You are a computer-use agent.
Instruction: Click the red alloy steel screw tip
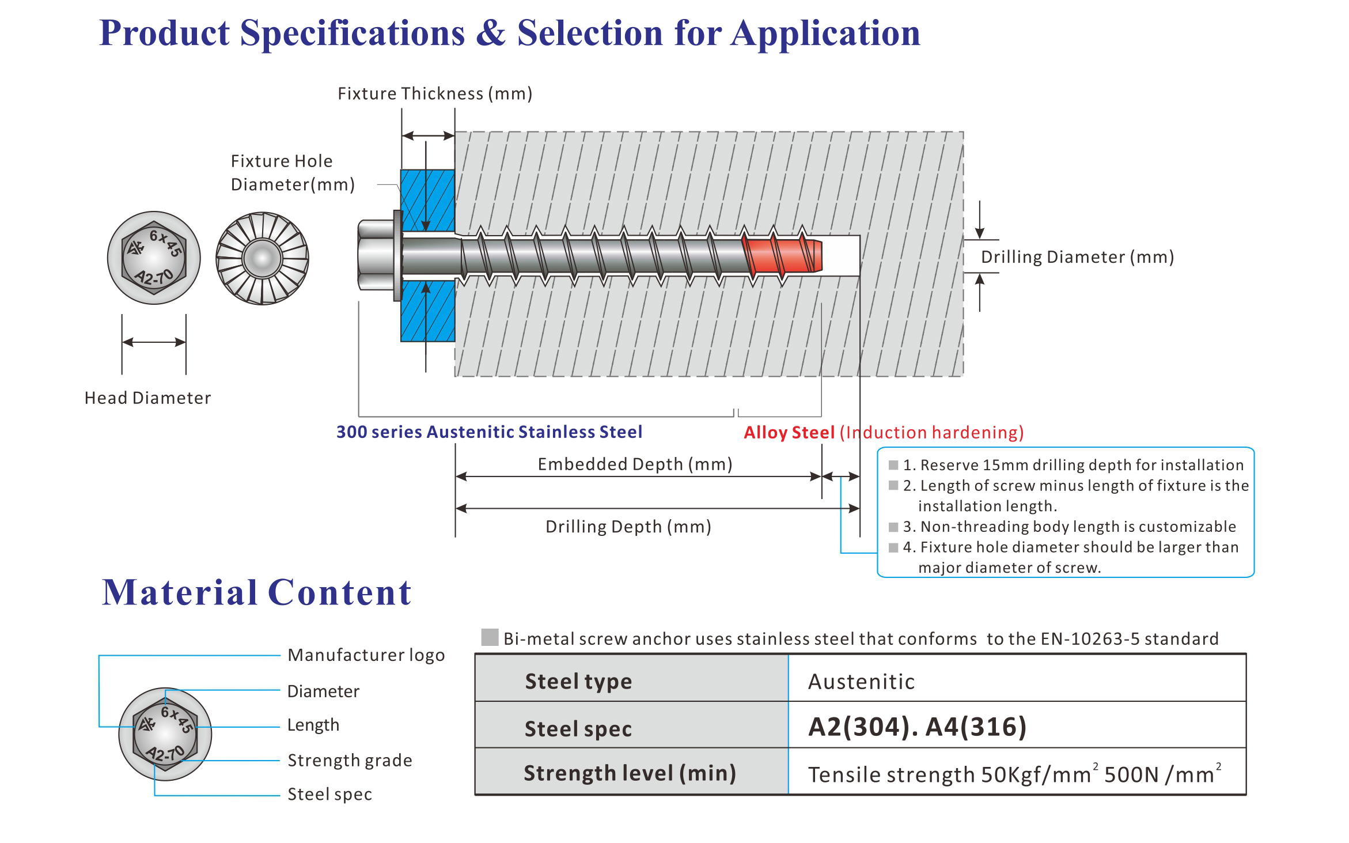[783, 255]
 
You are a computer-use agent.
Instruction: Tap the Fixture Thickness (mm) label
[435, 93]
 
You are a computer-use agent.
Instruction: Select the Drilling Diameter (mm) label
[1077, 257]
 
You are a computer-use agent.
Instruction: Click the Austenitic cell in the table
[861, 682]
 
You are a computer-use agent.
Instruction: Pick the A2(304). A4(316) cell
[917, 727]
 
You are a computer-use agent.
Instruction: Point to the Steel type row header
[578, 682]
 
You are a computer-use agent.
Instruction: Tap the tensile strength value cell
[1014, 774]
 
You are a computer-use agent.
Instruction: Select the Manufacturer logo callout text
[366, 655]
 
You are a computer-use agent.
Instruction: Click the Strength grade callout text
[350, 761]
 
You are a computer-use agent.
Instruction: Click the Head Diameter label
[147, 398]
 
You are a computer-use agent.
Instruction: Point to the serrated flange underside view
[262, 258]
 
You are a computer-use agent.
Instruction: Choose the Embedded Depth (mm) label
[635, 464]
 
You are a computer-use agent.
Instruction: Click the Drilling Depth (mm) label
[628, 527]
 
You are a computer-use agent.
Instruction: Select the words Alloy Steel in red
[789, 433]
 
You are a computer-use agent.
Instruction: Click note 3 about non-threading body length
[1068, 527]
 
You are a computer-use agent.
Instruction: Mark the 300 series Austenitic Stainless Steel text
[489, 432]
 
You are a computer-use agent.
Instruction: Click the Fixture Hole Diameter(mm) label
[292, 173]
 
